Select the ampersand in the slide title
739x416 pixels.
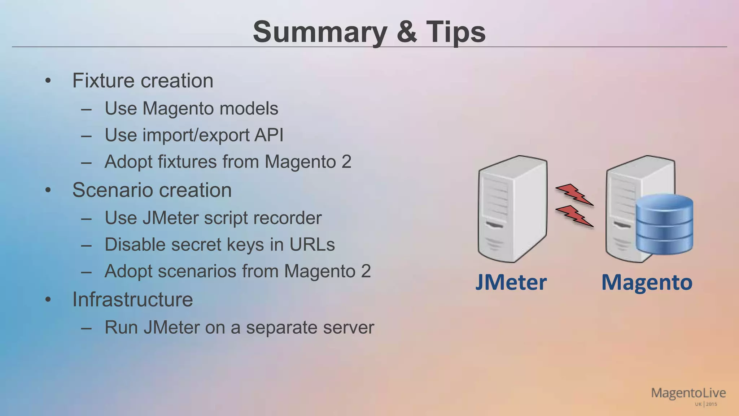(407, 32)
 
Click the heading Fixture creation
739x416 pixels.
(143, 81)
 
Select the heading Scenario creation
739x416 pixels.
(152, 190)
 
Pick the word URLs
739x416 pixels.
(312, 244)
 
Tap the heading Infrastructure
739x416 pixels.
(132, 299)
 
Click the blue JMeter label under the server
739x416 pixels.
(511, 282)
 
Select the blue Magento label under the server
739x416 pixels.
(647, 282)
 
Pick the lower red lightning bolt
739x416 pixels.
(574, 216)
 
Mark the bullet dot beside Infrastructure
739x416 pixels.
(48, 300)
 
